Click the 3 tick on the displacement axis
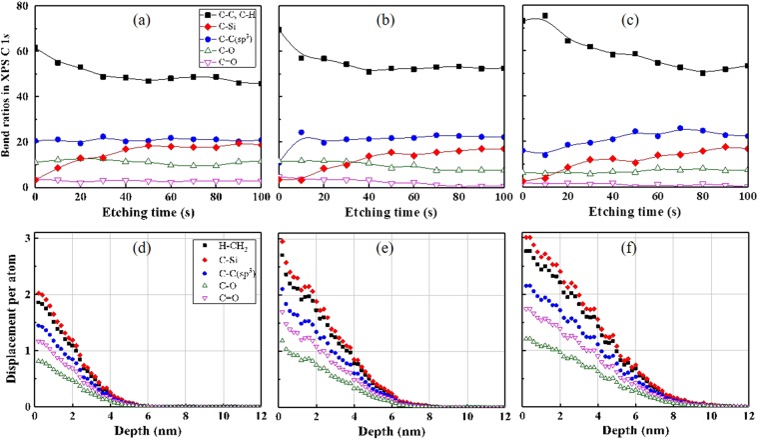coord(25,235)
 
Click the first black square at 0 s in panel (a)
coord(36,49)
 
